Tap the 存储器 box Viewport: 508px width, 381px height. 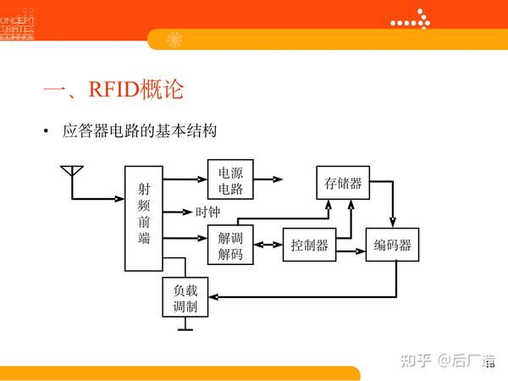pos(343,183)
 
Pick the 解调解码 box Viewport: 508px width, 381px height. pos(230,245)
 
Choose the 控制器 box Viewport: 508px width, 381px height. pos(309,246)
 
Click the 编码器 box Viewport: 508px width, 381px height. pos(393,246)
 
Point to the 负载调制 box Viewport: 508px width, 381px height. pos(185,297)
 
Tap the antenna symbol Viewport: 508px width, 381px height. pos(71,174)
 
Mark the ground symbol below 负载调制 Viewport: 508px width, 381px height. pos(185,326)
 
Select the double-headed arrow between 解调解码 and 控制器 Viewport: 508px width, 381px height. pos(268,246)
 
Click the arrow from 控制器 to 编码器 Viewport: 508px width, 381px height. pos(351,246)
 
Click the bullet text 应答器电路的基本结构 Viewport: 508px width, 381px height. pos(140,132)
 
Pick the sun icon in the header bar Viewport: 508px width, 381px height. pos(174,39)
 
